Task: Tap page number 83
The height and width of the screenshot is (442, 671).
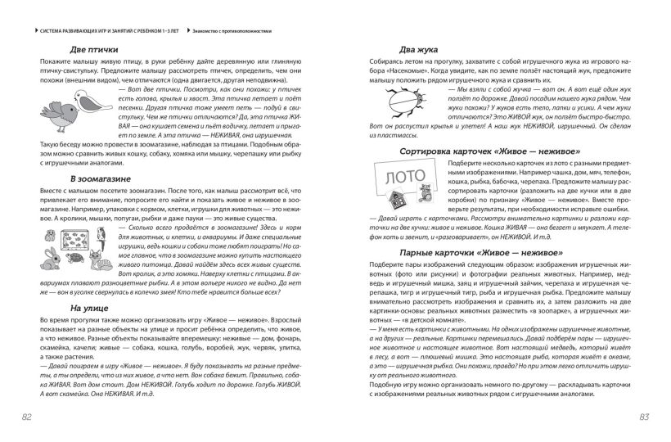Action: click(643, 417)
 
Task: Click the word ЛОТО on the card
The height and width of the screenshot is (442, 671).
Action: click(398, 175)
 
